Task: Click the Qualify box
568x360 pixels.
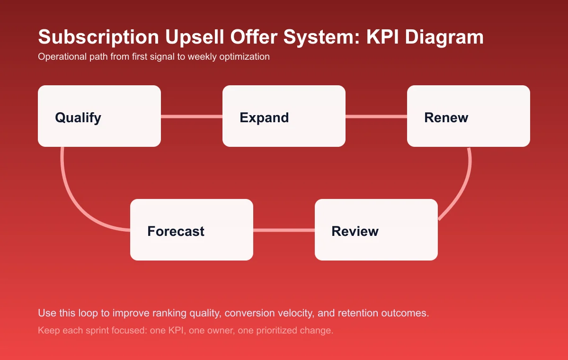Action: tap(99, 116)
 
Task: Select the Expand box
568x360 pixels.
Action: tap(284, 116)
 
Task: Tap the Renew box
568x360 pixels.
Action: tap(469, 116)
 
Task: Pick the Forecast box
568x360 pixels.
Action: tap(192, 230)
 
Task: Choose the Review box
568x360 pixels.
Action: tap(376, 230)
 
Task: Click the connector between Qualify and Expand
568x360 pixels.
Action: tap(192, 116)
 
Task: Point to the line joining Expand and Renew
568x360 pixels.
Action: tap(376, 116)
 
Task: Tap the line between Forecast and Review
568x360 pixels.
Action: tap(284, 230)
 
